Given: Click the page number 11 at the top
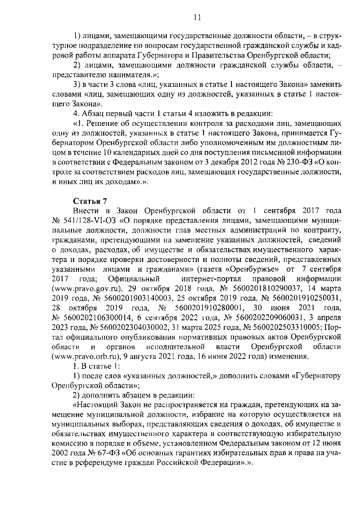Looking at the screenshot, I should (197, 17).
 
